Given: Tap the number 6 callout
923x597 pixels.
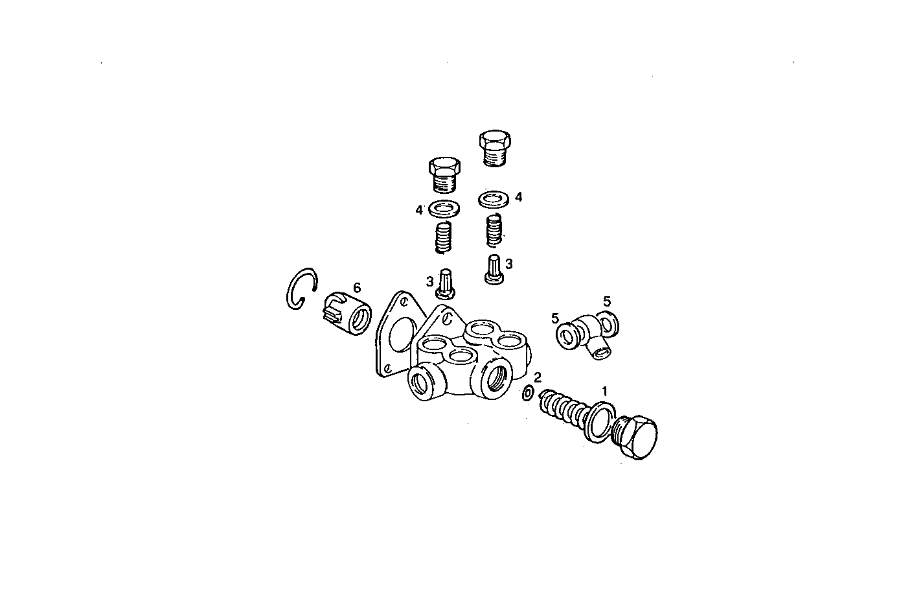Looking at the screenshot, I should click(357, 287).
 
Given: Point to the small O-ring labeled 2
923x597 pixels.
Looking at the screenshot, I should click(528, 393).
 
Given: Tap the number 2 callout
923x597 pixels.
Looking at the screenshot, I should click(537, 377).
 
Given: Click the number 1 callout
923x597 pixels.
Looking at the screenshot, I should click(605, 391).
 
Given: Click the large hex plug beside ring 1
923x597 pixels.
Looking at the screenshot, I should click(635, 435).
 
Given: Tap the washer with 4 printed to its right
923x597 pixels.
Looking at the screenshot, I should click(494, 198).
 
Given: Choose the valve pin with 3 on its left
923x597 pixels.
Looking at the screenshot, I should click(446, 283).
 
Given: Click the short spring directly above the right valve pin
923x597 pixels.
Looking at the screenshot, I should click(494, 230).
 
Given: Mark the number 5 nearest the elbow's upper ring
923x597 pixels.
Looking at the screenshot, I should click(607, 301).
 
